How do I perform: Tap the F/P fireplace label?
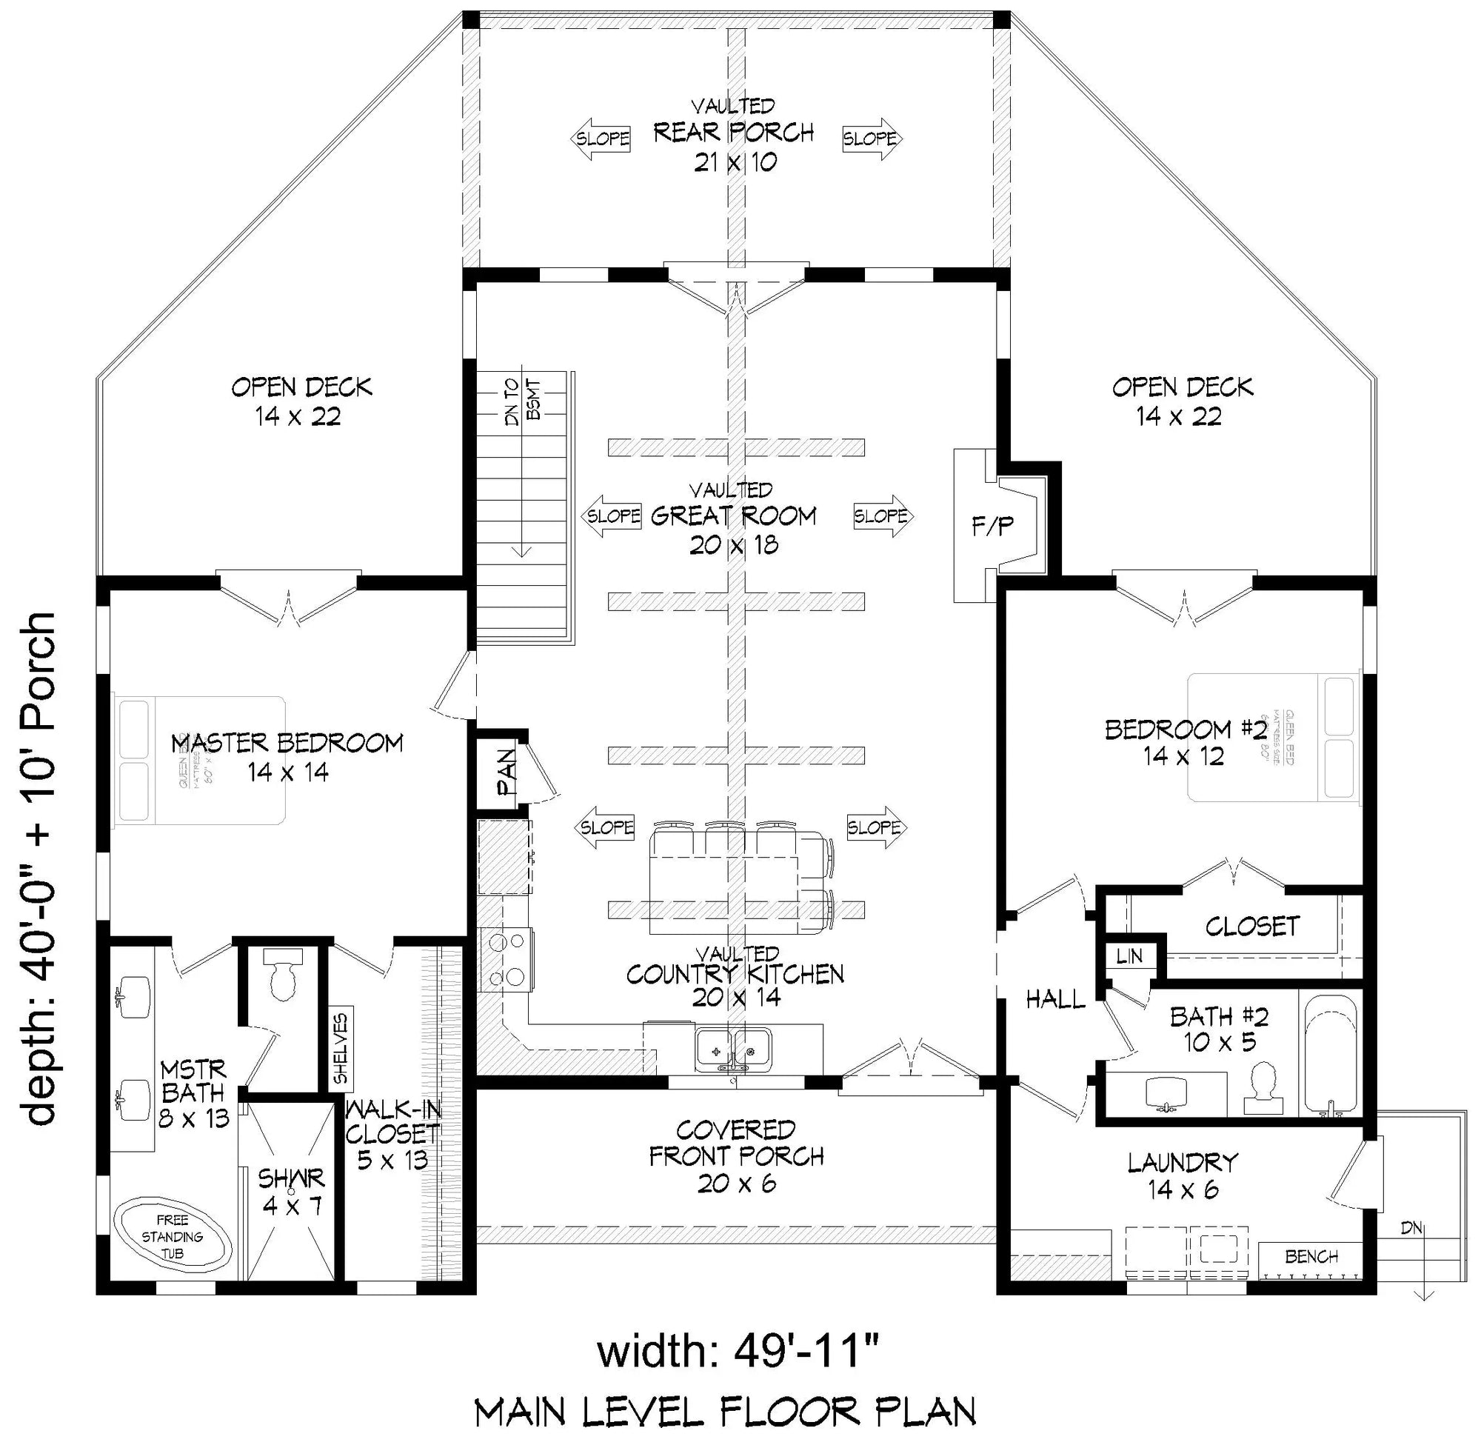(x=992, y=526)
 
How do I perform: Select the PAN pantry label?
(x=504, y=772)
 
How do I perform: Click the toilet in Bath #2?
(x=1263, y=1088)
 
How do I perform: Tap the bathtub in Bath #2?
(x=1330, y=1056)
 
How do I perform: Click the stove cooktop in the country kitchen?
(x=507, y=960)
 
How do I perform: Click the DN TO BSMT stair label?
(x=523, y=401)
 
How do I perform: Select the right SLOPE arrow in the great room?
(x=883, y=516)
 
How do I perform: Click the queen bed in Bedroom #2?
(x=1271, y=737)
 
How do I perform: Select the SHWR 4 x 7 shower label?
(x=291, y=1192)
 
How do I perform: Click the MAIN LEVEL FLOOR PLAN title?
(x=724, y=1413)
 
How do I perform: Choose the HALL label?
(x=1054, y=1000)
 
